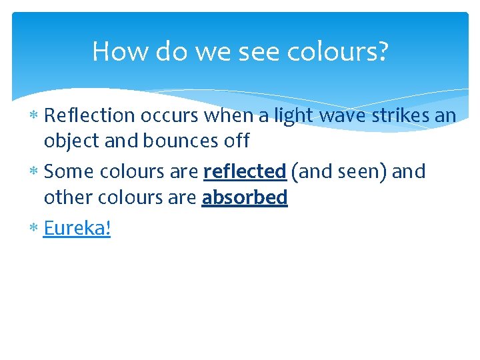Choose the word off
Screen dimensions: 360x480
(x=237, y=141)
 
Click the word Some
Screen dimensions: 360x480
(x=69, y=171)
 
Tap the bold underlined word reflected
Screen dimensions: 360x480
(x=245, y=171)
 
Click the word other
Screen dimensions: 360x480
(x=69, y=197)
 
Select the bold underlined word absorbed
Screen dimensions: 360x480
(x=245, y=197)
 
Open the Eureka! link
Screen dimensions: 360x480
(x=77, y=228)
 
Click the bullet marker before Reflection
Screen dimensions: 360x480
(x=35, y=116)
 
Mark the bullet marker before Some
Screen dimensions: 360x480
(x=35, y=172)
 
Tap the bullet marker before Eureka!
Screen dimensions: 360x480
(x=35, y=229)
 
